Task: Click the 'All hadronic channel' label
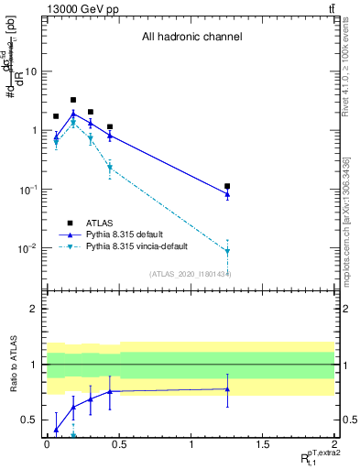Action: point(191,38)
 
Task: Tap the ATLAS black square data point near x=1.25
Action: point(227,186)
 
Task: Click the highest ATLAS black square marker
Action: point(73,100)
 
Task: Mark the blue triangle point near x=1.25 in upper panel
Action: point(227,194)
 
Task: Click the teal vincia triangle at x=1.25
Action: point(227,251)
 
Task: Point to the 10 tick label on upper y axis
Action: point(31,71)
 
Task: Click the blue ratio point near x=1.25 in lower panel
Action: point(227,389)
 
